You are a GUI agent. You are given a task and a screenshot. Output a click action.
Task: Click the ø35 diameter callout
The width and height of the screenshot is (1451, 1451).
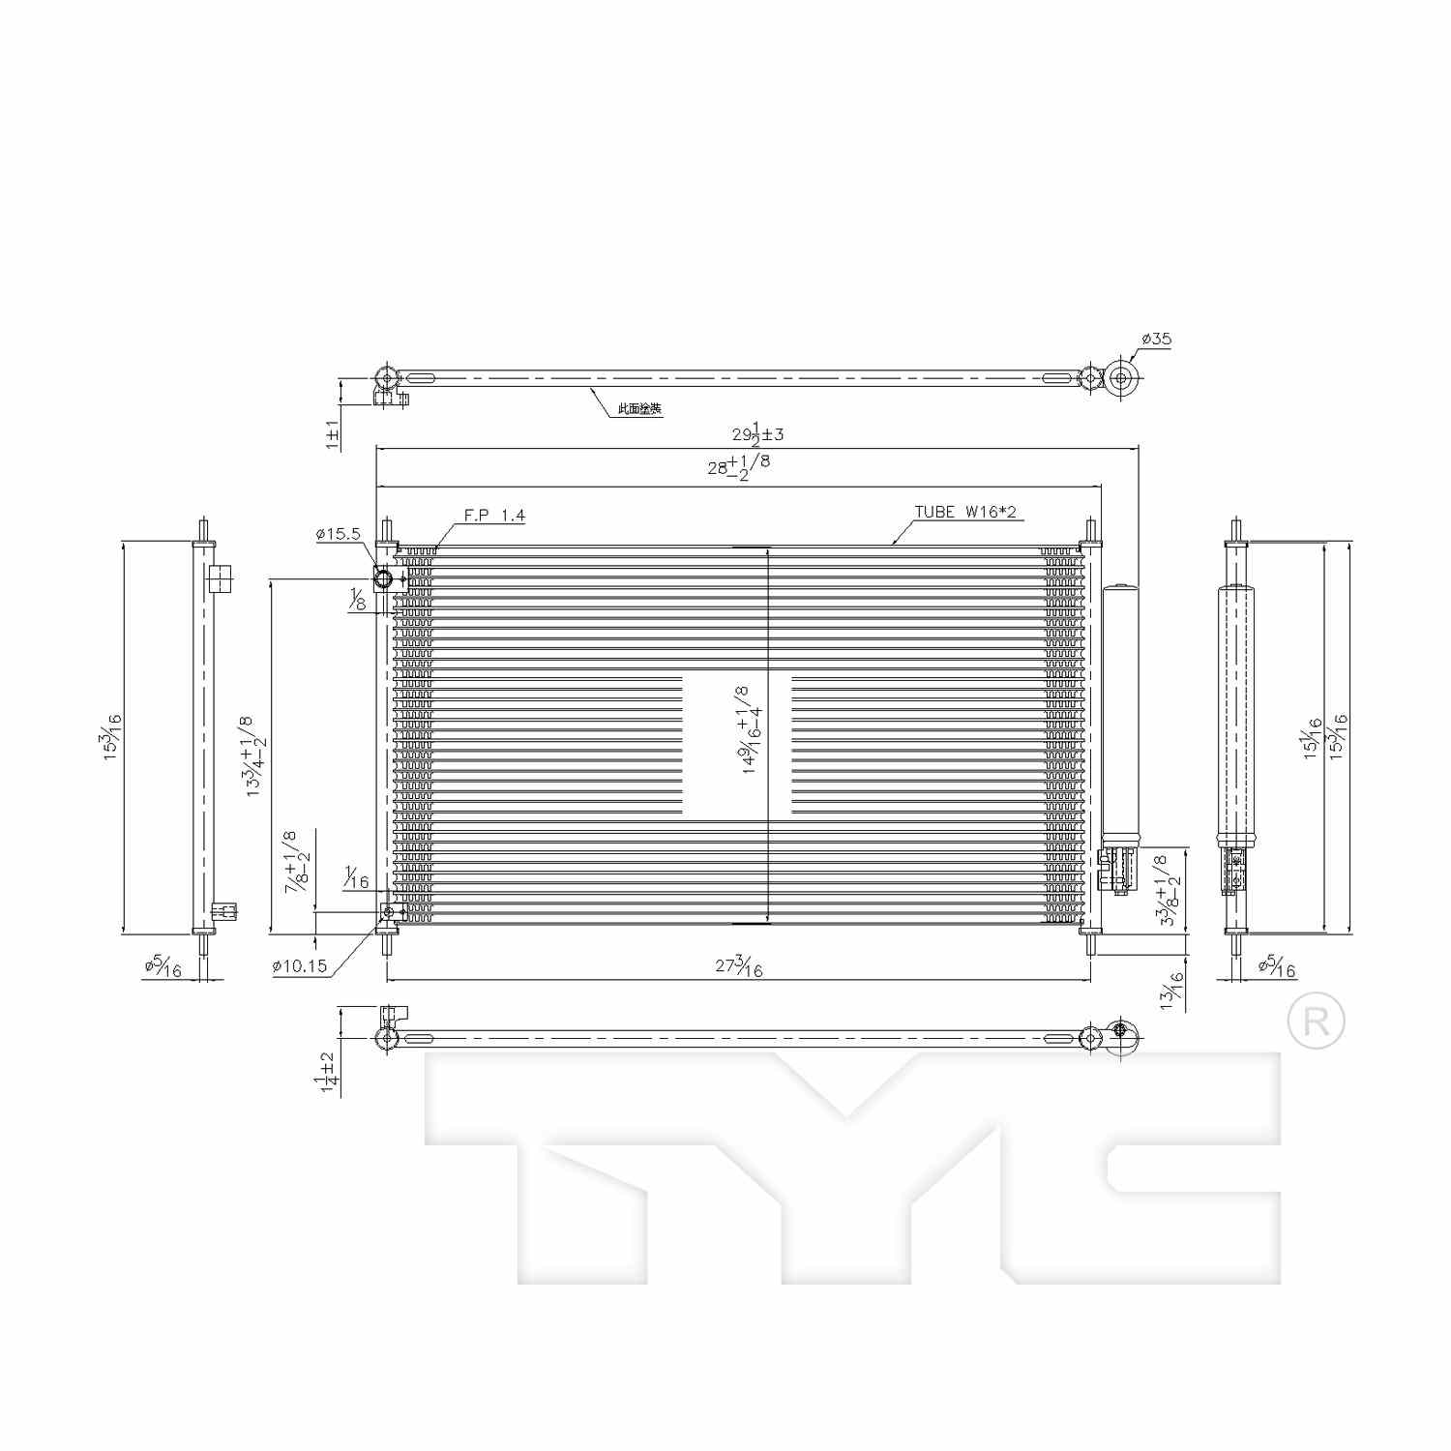tap(1156, 339)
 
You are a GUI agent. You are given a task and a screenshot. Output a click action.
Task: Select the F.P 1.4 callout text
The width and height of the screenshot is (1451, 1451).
tap(494, 516)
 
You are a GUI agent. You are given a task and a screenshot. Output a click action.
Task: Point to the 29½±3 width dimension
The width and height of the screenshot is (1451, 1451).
tap(757, 433)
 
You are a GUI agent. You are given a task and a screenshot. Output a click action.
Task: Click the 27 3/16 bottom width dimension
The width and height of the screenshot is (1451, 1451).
tap(739, 965)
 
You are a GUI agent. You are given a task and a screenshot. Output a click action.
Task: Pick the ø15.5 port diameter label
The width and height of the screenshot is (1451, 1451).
tap(338, 533)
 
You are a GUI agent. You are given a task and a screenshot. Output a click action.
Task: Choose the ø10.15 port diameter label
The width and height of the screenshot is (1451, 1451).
tap(300, 965)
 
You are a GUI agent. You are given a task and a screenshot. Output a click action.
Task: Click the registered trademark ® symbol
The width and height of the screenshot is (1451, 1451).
tap(1317, 1022)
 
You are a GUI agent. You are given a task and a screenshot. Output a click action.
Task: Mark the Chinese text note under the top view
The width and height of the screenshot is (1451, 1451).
tap(640, 409)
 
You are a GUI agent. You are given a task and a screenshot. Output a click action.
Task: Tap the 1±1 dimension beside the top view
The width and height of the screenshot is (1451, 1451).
tap(332, 433)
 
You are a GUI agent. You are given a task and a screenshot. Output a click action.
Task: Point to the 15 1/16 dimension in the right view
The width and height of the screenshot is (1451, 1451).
tap(1313, 738)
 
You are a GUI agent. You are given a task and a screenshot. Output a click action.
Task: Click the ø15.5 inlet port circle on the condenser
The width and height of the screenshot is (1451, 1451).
tap(383, 579)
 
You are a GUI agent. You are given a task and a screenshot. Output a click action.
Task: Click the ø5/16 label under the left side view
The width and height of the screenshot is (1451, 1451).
tap(163, 965)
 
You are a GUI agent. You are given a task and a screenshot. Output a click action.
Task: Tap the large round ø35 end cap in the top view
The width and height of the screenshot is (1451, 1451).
tap(1122, 377)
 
